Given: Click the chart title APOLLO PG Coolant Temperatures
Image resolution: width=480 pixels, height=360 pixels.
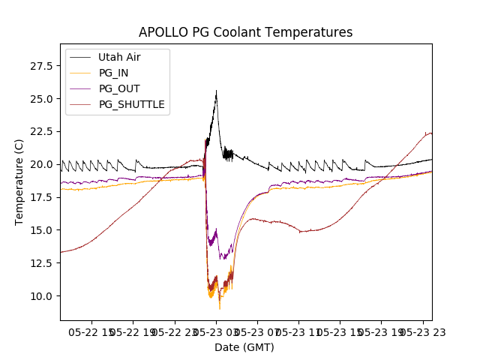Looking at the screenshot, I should (245, 32).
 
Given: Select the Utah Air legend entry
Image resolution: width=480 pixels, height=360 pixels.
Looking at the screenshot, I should (119, 57).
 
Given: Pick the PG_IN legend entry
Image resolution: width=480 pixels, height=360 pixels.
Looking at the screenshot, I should (113, 73).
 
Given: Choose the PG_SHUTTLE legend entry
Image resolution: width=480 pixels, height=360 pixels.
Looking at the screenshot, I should (131, 104).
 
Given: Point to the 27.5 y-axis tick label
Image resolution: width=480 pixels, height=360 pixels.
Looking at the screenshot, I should (40, 66).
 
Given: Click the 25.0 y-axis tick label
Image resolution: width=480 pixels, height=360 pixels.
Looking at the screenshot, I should (40, 99).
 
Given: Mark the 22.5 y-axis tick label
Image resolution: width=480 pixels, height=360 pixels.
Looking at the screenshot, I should (40, 132).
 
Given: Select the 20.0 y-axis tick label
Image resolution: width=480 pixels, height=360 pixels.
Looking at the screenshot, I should (40, 164).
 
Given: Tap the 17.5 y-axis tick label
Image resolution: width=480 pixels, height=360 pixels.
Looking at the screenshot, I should (40, 197).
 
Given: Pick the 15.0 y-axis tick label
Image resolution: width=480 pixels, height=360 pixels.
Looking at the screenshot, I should (40, 230).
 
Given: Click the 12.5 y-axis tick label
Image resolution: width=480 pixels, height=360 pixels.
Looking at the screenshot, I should (40, 263).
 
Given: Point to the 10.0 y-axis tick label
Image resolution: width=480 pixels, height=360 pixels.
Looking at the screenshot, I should (40, 295).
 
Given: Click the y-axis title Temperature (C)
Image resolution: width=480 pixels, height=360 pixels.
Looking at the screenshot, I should (19, 181).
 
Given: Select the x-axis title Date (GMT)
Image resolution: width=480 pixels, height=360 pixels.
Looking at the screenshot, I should (244, 347).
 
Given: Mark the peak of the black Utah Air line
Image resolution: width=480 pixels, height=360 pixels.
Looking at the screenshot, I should (217, 91).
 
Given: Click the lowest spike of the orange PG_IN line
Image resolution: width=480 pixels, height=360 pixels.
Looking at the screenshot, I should (220, 309).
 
